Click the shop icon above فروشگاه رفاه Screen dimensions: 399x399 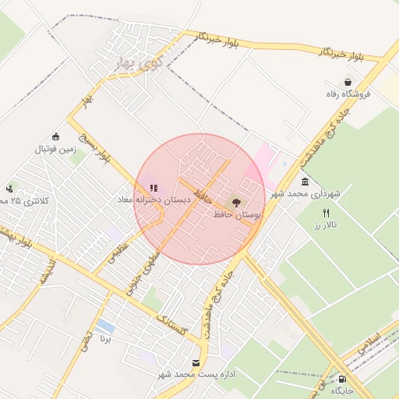pyautogui.click(x=347, y=82)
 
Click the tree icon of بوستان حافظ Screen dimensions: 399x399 pyautogui.click(x=238, y=203)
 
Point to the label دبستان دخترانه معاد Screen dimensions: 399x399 pyautogui.click(x=154, y=200)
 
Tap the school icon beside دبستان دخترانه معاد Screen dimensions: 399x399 pyautogui.click(x=154, y=188)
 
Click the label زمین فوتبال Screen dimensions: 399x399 pyautogui.click(x=55, y=148)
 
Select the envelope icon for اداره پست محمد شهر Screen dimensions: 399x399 pyautogui.click(x=196, y=363)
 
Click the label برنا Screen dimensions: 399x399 pyautogui.click(x=106, y=340)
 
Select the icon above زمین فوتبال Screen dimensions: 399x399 pyautogui.click(x=55, y=136)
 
